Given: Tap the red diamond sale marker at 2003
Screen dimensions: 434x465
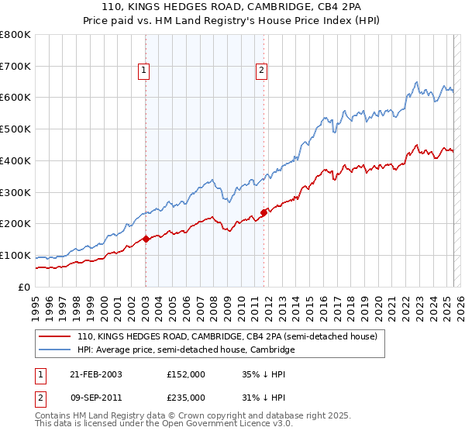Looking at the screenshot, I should coord(146,239).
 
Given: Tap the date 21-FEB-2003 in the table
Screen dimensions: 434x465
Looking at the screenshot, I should coord(95,374).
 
